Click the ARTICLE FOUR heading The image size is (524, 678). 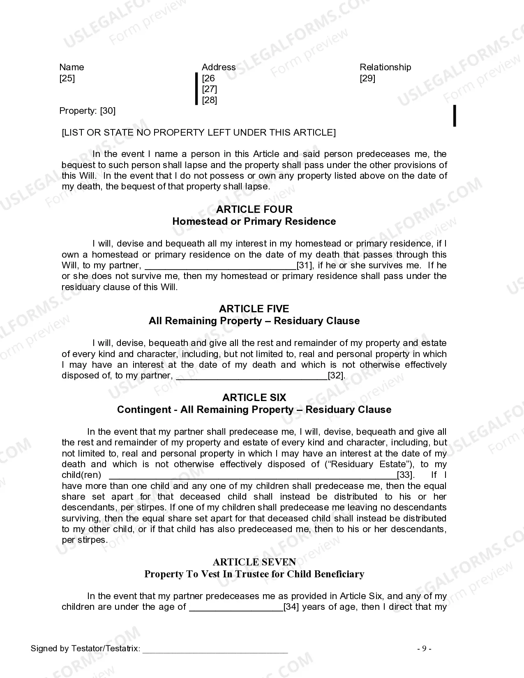(254, 210)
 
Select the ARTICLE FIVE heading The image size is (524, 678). (254, 309)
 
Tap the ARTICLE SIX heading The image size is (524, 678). (254, 398)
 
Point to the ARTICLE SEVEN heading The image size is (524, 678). (254, 562)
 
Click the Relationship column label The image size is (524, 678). (385, 67)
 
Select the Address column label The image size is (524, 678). (219, 67)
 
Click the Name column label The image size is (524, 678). (72, 67)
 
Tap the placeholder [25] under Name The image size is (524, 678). (67, 78)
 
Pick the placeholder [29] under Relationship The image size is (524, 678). (367, 78)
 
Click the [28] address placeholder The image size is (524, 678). (210, 100)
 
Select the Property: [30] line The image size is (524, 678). (87, 111)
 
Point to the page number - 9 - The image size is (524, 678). (424, 649)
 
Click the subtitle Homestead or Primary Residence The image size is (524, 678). (254, 221)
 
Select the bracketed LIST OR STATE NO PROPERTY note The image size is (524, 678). (199, 132)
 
